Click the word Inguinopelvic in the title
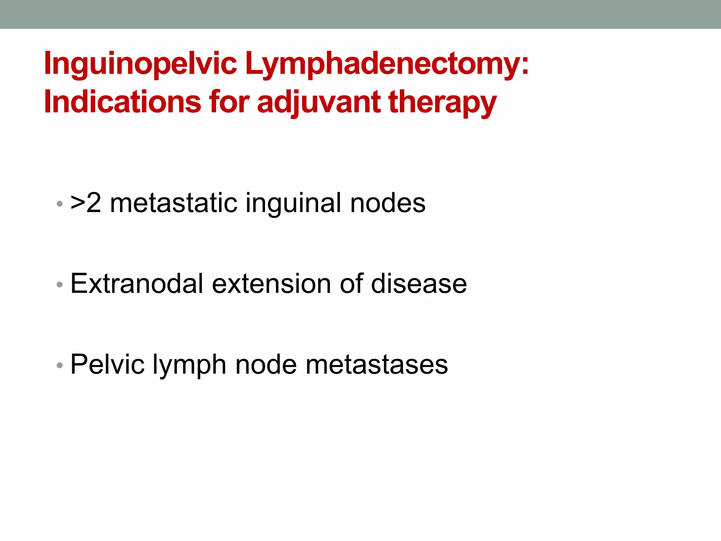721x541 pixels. coord(140,63)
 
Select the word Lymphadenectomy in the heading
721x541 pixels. coord(387,63)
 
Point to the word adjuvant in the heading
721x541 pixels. coord(319,102)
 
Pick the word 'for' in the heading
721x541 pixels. coord(230,102)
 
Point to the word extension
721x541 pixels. coord(271,284)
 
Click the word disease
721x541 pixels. coord(419,284)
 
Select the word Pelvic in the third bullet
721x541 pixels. coord(107,364)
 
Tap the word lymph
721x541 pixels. coord(189,364)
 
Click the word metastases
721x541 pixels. coord(377,364)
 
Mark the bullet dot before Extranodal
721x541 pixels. coord(59,285)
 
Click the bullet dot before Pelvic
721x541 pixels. coord(59,365)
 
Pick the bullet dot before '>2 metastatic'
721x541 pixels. coord(59,204)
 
